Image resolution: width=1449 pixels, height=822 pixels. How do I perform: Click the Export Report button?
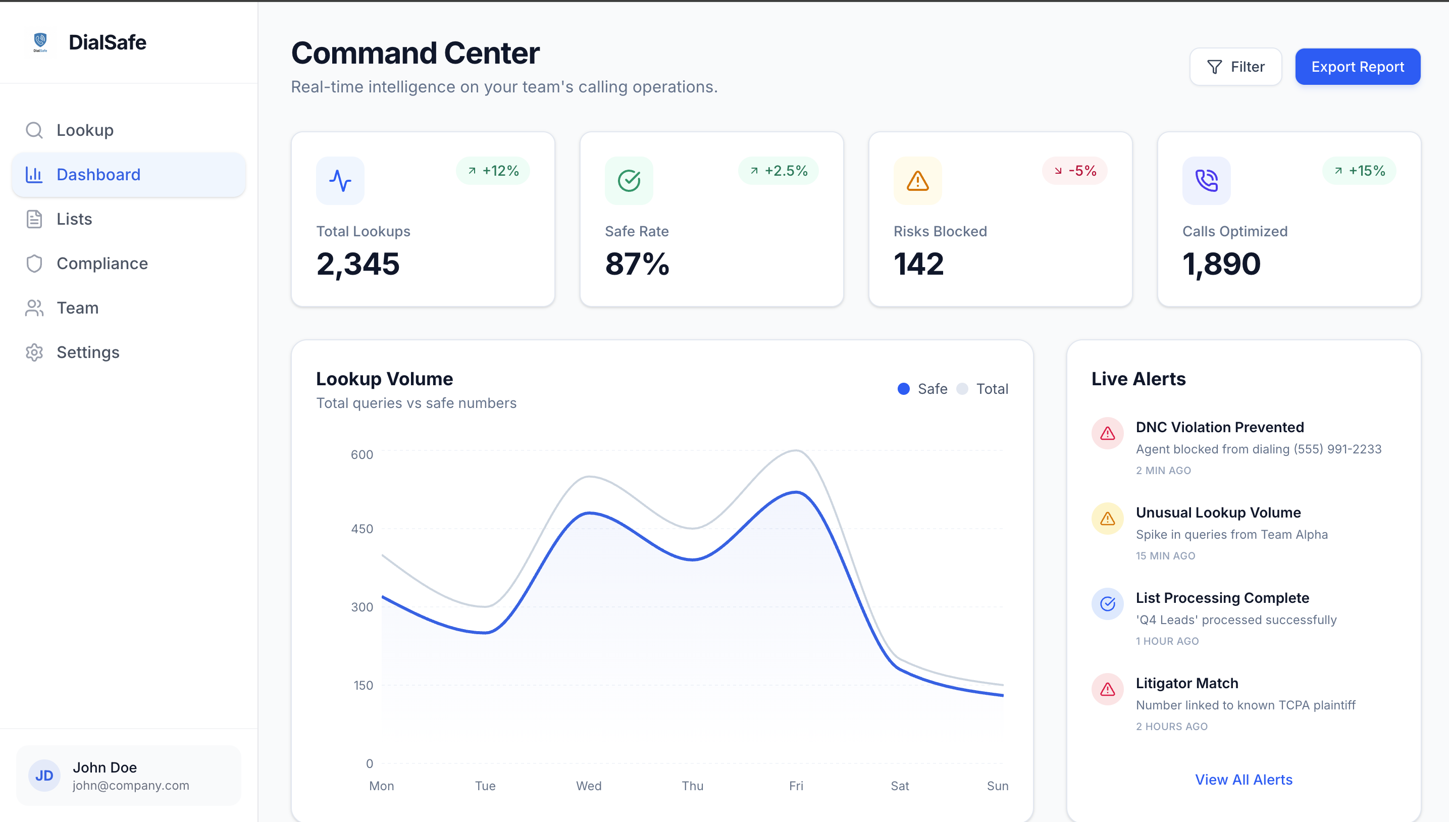click(x=1357, y=67)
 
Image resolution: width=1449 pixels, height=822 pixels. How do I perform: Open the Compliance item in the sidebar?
click(x=101, y=264)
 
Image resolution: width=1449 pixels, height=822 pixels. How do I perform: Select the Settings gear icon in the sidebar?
click(x=34, y=352)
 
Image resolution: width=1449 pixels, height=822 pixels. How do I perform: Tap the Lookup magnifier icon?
click(x=34, y=130)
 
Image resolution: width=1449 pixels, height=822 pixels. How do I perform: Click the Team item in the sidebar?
click(x=77, y=308)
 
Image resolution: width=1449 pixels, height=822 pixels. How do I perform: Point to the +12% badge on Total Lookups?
click(x=493, y=171)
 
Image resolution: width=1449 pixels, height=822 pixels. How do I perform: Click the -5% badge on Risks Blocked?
click(x=1074, y=171)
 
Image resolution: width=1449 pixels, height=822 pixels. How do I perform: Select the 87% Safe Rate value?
click(x=637, y=264)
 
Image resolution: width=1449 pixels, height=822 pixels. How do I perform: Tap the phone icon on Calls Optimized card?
click(x=1206, y=181)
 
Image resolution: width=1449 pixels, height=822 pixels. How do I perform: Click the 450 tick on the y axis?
click(x=362, y=529)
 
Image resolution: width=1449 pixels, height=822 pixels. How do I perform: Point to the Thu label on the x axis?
click(x=692, y=786)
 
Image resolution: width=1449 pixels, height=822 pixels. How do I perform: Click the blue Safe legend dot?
click(x=903, y=389)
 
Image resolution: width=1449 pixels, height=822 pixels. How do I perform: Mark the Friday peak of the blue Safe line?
click(x=796, y=492)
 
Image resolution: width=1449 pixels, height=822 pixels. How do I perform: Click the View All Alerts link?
click(x=1244, y=780)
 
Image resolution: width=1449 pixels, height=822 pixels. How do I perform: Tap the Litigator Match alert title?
click(x=1186, y=683)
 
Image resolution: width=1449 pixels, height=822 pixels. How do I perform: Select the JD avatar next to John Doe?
click(x=44, y=776)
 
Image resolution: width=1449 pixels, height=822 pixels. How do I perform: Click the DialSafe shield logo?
click(x=40, y=42)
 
